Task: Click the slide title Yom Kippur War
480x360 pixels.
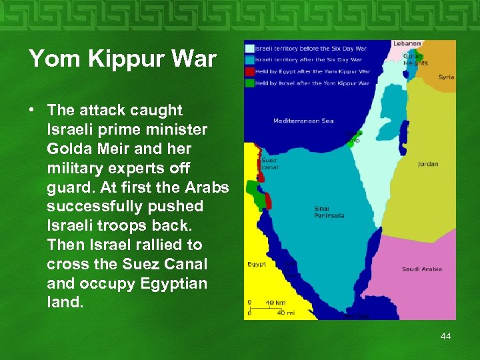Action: click(x=123, y=59)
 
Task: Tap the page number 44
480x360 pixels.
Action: click(x=445, y=336)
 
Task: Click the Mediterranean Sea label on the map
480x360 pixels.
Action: click(x=303, y=121)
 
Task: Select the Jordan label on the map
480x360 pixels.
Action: click(x=428, y=163)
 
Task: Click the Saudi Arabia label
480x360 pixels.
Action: click(x=421, y=269)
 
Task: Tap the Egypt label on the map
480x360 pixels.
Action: click(x=257, y=264)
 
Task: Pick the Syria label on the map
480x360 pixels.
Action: click(x=446, y=77)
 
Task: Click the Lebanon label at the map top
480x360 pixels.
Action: click(x=407, y=43)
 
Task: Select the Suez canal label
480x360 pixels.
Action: click(x=269, y=163)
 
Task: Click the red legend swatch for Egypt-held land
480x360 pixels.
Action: click(x=250, y=71)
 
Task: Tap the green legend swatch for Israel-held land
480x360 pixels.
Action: click(x=250, y=83)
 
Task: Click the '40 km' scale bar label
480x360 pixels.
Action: click(x=276, y=303)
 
